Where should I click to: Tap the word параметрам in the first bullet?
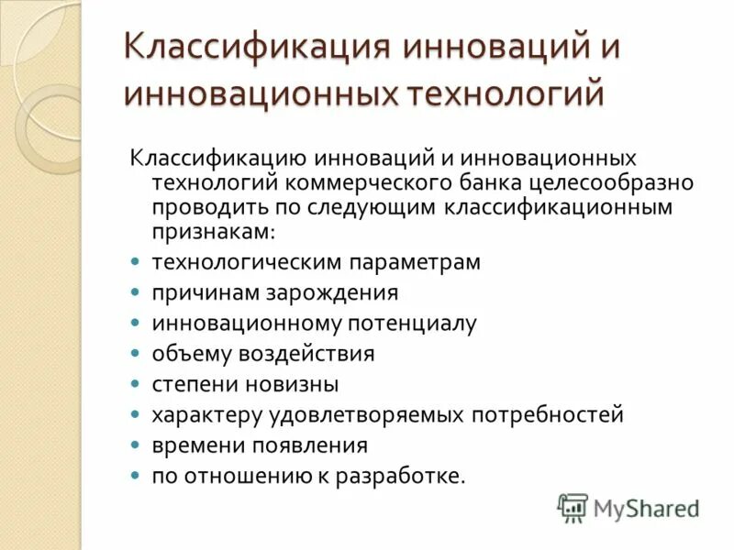pos(414,262)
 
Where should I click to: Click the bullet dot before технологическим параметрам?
pos(135,262)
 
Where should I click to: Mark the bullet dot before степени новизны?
pos(135,383)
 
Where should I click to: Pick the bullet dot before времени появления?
pos(135,445)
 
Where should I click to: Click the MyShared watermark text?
pos(646,508)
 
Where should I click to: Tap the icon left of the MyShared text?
pos(573,508)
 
